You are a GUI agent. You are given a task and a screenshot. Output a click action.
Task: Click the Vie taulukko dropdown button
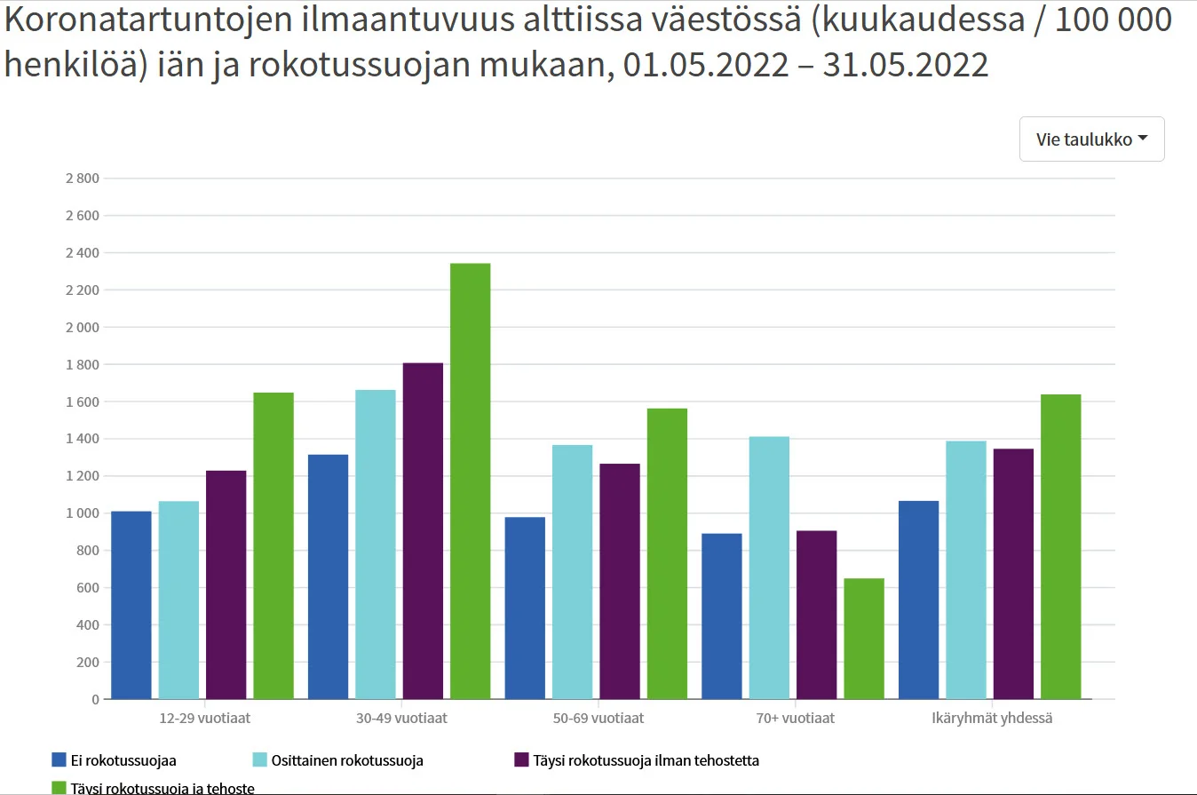pos(1091,139)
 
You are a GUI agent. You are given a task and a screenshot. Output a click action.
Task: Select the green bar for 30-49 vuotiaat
pos(470,481)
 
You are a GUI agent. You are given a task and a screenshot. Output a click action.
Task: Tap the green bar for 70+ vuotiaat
pos(864,639)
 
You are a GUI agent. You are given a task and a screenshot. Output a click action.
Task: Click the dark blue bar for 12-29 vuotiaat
pos(131,605)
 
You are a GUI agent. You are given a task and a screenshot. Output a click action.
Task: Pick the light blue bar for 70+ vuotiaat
pos(769,568)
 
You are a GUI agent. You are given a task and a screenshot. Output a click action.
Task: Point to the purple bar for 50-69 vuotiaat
pos(620,581)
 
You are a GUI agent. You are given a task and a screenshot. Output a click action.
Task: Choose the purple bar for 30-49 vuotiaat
pos(423,530)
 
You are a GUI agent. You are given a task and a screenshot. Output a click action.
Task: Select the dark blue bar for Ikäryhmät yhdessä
pos(918,600)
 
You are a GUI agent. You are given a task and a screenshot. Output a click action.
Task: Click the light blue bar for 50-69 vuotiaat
pos(572,571)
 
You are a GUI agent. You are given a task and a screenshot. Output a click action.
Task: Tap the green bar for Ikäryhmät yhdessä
pos(1060,546)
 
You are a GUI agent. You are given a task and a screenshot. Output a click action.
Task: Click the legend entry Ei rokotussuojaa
pos(114,760)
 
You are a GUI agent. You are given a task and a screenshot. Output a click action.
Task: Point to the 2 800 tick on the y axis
pos(82,179)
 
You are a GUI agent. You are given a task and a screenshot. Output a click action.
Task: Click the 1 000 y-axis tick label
pos(82,513)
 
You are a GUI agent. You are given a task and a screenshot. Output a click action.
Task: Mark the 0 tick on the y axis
pos(94,699)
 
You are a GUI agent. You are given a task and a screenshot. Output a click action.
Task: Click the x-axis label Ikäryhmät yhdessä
pos(991,718)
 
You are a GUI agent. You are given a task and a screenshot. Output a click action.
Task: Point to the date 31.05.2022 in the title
pos(905,65)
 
